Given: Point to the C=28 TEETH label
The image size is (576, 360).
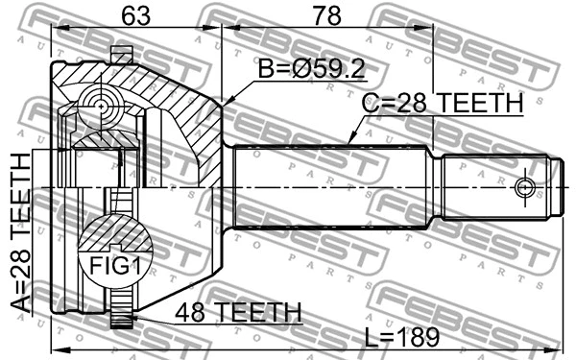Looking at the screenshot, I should pos(442,104).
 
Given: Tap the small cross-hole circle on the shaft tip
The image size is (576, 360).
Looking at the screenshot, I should pos(524,185).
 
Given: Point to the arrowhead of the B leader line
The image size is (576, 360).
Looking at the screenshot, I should pos(224,103).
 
